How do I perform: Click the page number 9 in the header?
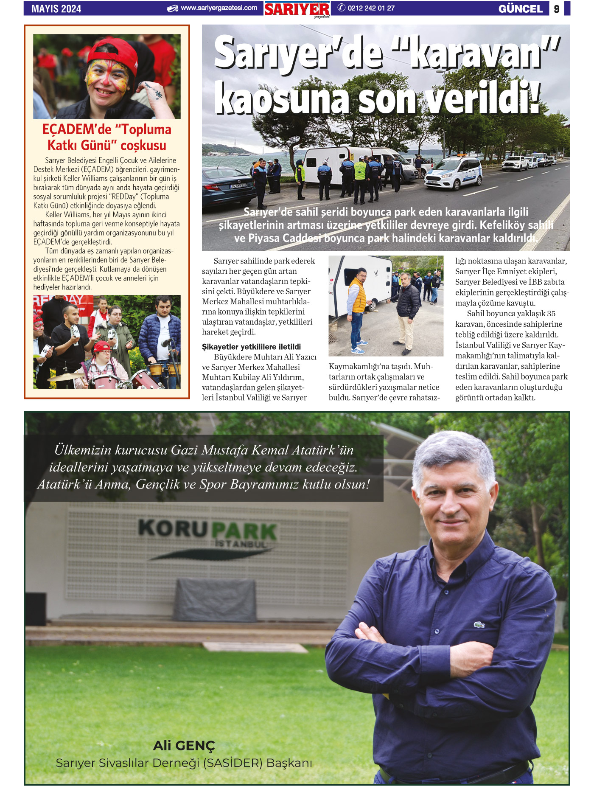[557, 9]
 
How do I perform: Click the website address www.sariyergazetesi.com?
[219, 8]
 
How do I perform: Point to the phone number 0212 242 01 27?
[371, 8]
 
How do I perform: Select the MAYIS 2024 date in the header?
[56, 9]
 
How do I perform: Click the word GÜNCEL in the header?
[521, 9]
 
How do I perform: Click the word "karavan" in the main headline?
[479, 54]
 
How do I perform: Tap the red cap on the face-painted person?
[115, 53]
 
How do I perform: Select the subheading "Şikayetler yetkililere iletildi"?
[251, 347]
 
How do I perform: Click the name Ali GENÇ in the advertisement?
[184, 745]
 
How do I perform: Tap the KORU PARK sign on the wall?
[208, 531]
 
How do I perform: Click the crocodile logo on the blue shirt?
[479, 625]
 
